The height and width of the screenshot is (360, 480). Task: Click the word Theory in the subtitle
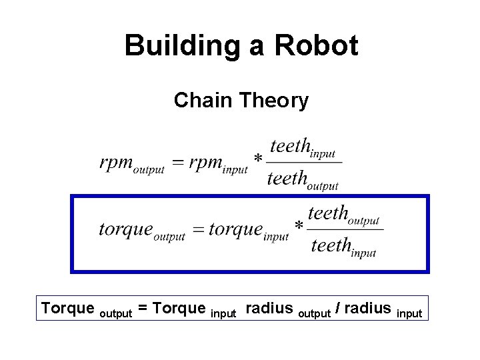pyautogui.click(x=275, y=100)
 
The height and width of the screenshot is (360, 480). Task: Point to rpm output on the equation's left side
pyautogui.click(x=131, y=164)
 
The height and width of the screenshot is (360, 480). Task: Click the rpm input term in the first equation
pyautogui.click(x=218, y=164)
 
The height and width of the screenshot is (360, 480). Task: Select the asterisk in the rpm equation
pyautogui.click(x=259, y=159)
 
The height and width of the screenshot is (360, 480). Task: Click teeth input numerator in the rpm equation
pyautogui.click(x=302, y=147)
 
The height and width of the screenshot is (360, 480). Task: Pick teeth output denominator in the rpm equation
pyautogui.click(x=303, y=179)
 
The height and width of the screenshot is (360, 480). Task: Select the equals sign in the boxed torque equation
pyautogui.click(x=198, y=231)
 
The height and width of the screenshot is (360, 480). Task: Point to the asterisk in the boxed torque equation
pyautogui.click(x=299, y=226)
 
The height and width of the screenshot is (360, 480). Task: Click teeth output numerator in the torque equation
pyautogui.click(x=343, y=214)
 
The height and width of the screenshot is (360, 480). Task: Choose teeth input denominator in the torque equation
pyautogui.click(x=343, y=247)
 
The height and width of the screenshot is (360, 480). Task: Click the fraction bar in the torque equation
pyautogui.click(x=345, y=230)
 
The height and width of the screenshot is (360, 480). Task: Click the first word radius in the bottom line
pyautogui.click(x=269, y=308)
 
